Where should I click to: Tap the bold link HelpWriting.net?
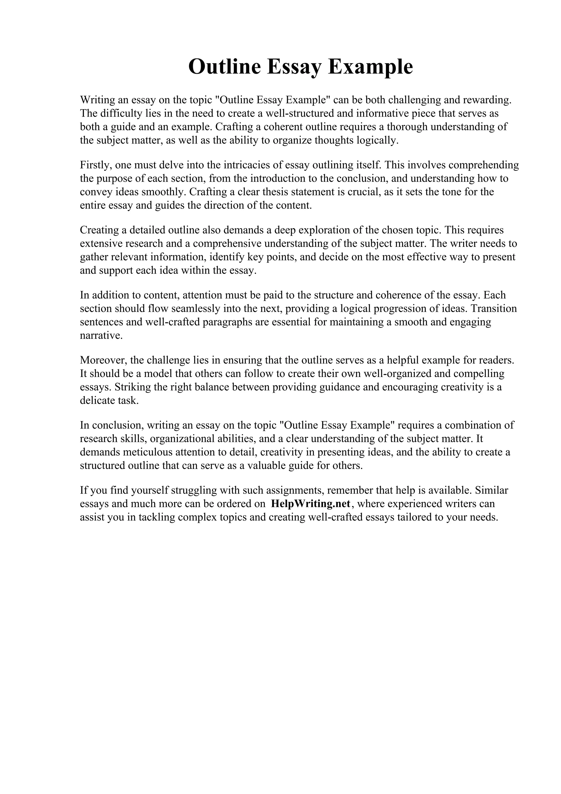click(311, 504)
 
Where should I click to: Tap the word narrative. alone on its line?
click(101, 335)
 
